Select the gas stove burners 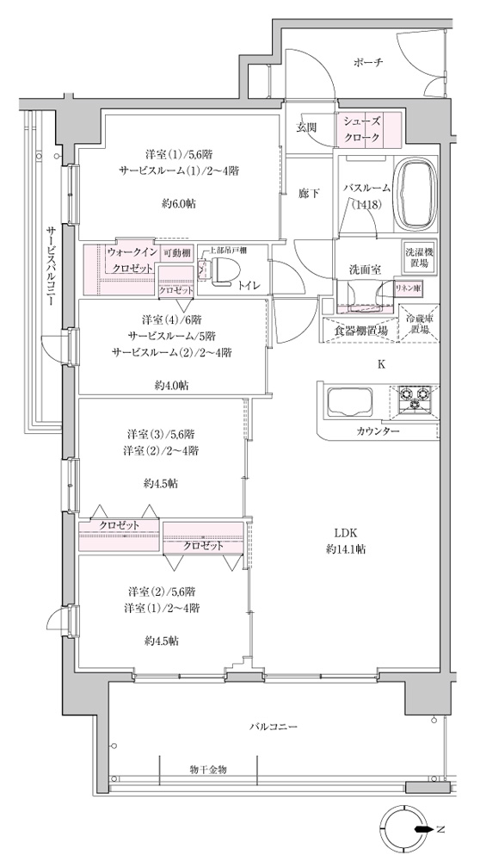[414, 399]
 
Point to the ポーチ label [368, 62]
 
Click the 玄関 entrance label [306, 127]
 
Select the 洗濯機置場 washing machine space [420, 258]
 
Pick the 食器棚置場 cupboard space [361, 331]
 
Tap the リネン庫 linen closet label [409, 287]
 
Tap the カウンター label [377, 431]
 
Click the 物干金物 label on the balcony [208, 770]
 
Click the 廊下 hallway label [308, 193]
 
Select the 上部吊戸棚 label [228, 251]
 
